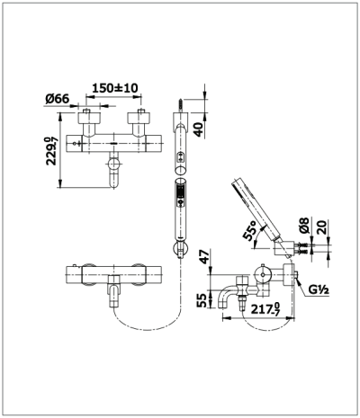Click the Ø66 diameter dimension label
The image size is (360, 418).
coord(56,99)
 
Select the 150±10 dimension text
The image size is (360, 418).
coord(112,90)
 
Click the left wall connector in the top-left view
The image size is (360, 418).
coord(91,120)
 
